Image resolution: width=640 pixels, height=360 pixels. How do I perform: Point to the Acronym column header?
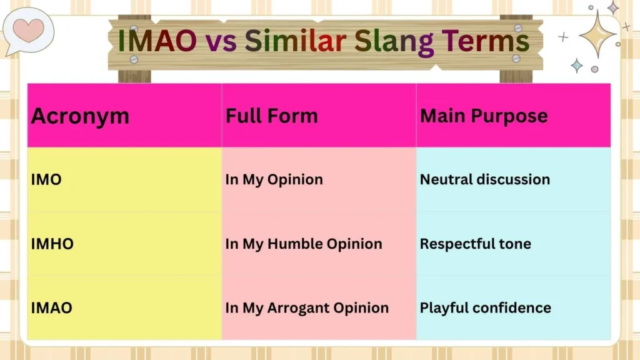(x=80, y=116)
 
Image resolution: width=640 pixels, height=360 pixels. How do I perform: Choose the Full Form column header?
(x=271, y=116)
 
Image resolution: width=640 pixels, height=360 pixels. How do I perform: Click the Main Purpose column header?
(x=484, y=116)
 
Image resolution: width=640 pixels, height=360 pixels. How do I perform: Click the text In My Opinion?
(x=274, y=179)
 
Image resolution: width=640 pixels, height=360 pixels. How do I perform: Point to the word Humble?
(x=294, y=244)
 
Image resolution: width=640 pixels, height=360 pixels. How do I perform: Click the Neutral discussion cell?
(x=485, y=179)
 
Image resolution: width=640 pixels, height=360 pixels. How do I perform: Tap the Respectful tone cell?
(x=475, y=244)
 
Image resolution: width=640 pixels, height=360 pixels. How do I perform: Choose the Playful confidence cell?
(x=485, y=307)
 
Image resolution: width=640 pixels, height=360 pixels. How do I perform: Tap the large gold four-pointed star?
(x=597, y=34)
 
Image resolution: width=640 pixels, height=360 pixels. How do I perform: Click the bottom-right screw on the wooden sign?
(x=516, y=58)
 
